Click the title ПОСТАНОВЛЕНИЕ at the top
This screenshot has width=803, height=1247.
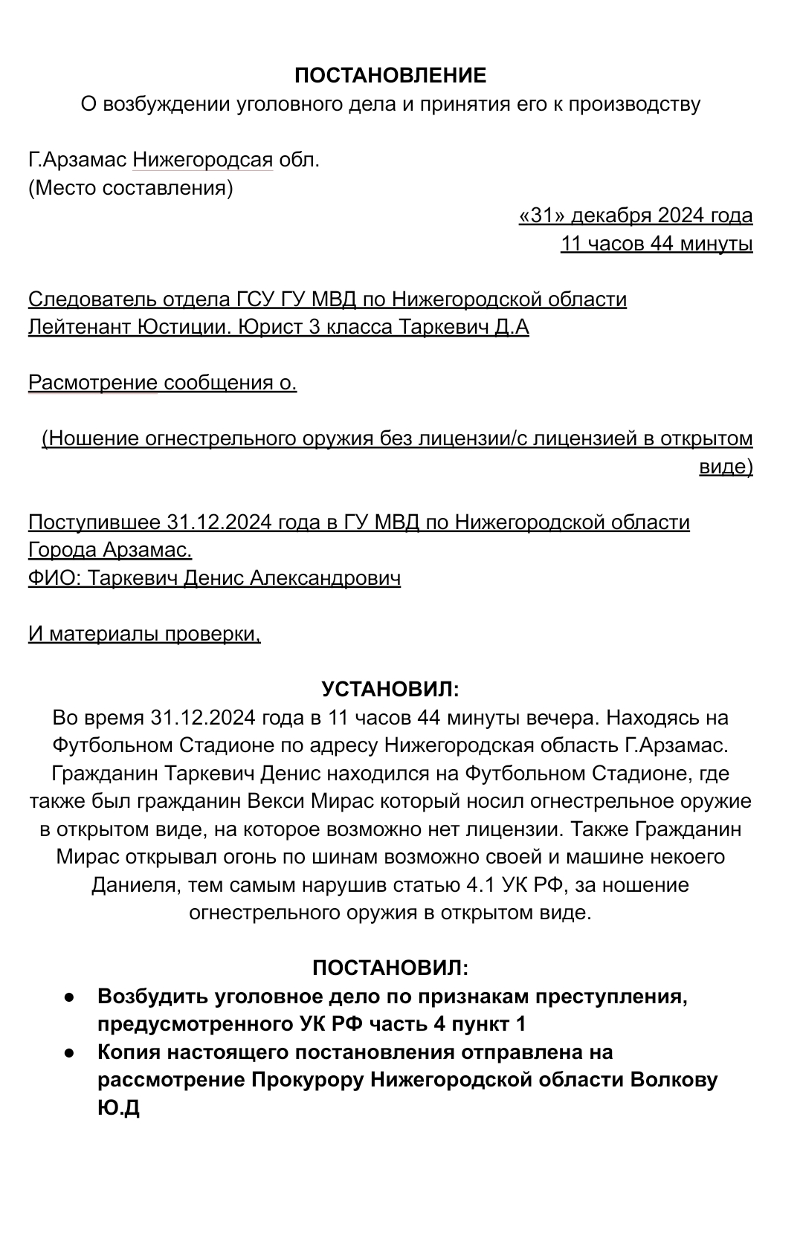(x=390, y=75)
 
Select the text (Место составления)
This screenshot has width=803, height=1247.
(x=131, y=188)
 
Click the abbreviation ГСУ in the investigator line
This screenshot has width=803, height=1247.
(x=256, y=299)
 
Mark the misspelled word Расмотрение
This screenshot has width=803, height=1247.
(x=93, y=383)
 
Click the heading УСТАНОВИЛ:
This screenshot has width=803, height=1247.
(x=390, y=690)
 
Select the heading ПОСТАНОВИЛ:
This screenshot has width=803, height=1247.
(x=390, y=968)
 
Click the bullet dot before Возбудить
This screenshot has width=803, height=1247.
(x=68, y=997)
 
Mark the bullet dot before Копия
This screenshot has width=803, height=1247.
(x=68, y=1052)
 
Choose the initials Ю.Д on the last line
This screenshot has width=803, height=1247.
(x=119, y=1108)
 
